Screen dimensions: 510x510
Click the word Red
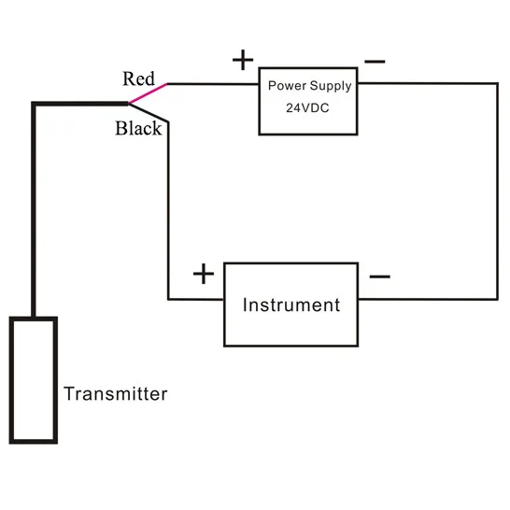pyautogui.click(x=138, y=78)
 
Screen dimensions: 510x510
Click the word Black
pyautogui.click(x=138, y=128)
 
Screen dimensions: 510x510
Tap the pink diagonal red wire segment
pyautogui.click(x=148, y=93)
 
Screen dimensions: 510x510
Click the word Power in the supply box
pyautogui.click(x=287, y=86)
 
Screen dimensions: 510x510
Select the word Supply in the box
pyautogui.click(x=331, y=86)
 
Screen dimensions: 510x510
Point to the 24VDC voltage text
pyautogui.click(x=307, y=107)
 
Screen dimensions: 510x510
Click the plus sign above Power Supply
pyautogui.click(x=243, y=60)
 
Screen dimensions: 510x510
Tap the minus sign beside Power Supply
pyautogui.click(x=375, y=61)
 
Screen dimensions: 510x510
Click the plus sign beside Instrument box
pyautogui.click(x=204, y=274)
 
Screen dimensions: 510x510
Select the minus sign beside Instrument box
pyautogui.click(x=379, y=276)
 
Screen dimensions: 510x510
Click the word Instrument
pyautogui.click(x=291, y=305)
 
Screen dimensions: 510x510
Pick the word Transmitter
pyautogui.click(x=116, y=394)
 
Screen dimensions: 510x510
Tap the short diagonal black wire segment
pyautogui.click(x=149, y=112)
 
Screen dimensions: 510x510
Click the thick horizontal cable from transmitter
pyautogui.click(x=80, y=104)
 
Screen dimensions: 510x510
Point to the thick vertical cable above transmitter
pyautogui.click(x=34, y=210)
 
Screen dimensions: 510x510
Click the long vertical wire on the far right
pyautogui.click(x=497, y=191)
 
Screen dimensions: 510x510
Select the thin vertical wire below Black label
pyautogui.click(x=168, y=210)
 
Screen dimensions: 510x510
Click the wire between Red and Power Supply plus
pyautogui.click(x=213, y=84)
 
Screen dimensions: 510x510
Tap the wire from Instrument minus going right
pyautogui.click(x=428, y=299)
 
